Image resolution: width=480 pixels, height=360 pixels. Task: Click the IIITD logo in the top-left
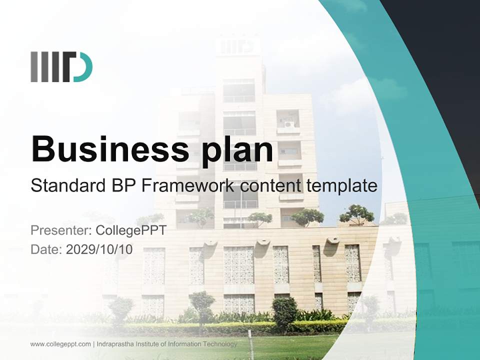(x=61, y=67)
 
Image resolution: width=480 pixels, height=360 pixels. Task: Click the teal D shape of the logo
(x=84, y=67)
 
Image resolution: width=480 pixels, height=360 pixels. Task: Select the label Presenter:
(x=60, y=230)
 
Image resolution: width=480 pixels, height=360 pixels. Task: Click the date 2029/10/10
(x=99, y=249)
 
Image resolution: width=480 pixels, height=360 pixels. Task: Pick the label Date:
(x=46, y=249)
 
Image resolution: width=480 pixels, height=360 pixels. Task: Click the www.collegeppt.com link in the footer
(x=60, y=344)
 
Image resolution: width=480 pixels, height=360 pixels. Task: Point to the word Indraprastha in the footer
(x=114, y=344)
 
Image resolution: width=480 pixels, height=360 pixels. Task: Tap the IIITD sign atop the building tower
(x=238, y=46)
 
